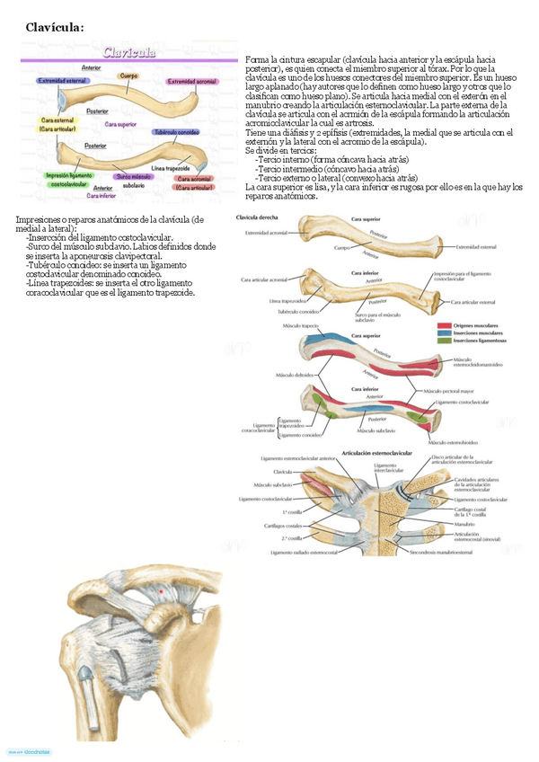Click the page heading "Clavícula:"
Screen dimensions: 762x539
point(56,27)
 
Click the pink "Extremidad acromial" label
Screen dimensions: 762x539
point(190,82)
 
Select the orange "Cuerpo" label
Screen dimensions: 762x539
point(129,76)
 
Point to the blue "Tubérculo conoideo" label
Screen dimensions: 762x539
point(175,131)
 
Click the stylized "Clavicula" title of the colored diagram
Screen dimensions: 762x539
point(129,52)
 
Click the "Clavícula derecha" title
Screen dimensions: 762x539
point(257,218)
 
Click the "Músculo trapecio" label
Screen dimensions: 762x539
point(302,325)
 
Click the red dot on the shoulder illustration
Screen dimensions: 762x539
point(162,591)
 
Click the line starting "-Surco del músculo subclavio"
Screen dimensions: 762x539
point(120,244)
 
